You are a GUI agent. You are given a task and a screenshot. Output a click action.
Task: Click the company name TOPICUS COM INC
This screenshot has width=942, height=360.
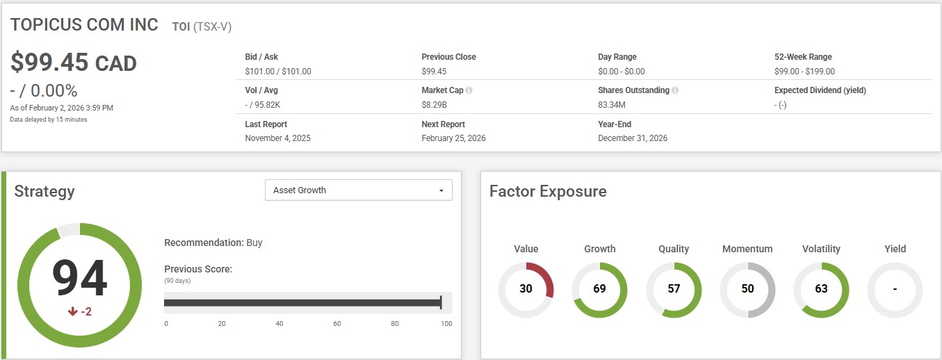point(84,24)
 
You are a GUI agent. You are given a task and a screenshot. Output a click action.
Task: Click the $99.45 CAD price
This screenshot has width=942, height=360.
point(73,63)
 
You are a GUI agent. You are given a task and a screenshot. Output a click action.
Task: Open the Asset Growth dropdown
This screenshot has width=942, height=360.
point(358,190)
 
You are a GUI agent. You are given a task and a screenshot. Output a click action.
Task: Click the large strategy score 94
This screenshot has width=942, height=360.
point(79,278)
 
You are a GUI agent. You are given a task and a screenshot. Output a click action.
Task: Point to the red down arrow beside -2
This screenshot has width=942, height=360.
point(72,312)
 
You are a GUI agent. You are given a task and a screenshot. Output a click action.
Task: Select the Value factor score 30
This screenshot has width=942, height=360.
point(526,288)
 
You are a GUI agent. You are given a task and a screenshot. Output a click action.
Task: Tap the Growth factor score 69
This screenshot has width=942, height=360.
point(599,288)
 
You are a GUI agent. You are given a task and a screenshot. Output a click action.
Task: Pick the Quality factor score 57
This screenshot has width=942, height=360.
point(674,288)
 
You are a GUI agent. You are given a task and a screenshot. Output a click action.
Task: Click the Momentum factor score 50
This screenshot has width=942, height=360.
point(747,288)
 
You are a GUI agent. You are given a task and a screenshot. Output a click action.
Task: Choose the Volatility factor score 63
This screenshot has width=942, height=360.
point(821,288)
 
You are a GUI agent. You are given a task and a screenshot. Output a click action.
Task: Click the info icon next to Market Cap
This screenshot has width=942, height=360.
point(469,90)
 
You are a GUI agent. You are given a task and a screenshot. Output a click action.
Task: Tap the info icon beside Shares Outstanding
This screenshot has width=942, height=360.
point(675,90)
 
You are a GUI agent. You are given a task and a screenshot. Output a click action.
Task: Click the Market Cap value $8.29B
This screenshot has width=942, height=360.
point(434,105)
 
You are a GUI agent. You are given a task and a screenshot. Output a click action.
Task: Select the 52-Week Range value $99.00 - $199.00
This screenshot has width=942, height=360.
point(804,71)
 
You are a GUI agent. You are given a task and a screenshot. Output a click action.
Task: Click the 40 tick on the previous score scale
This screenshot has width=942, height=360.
point(279,324)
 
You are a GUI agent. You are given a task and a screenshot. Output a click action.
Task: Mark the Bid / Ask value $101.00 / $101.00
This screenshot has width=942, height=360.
point(278,71)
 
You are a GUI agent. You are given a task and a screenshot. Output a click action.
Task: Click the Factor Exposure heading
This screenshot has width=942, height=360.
point(548,191)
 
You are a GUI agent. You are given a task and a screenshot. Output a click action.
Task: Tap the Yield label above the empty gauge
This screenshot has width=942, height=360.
point(895,249)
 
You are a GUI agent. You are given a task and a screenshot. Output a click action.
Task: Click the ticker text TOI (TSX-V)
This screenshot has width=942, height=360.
point(202,26)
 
